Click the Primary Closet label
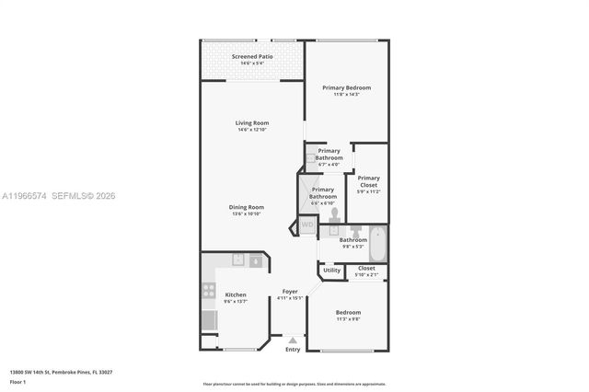click(368, 182)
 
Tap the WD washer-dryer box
click(306, 224)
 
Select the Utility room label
click(331, 270)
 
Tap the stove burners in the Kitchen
click(208, 293)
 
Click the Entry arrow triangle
click(293, 340)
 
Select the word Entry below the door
click(293, 350)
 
